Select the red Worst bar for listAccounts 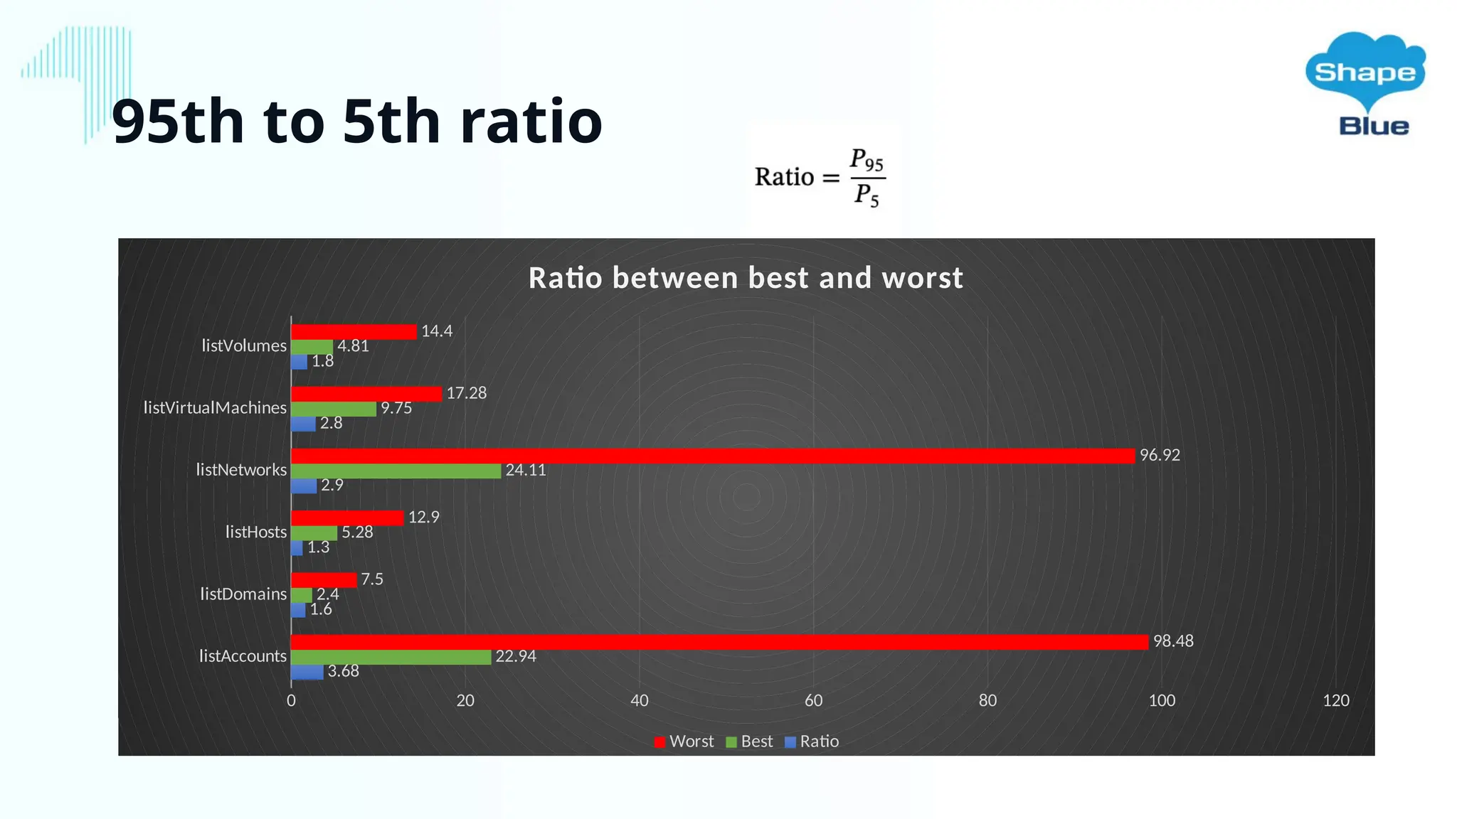coord(719,642)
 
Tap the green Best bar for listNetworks coord(396,471)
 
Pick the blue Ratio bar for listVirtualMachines coord(303,424)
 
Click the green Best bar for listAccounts coord(391,657)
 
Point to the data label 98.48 coord(1173,641)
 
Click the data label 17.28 coord(466,393)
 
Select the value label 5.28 coord(357,532)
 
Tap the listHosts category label coord(255,532)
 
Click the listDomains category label coord(243,594)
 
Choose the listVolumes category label coord(243,346)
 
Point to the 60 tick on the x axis coord(813,701)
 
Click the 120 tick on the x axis coord(1335,701)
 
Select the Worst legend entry coord(684,742)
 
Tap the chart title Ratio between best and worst coord(746,278)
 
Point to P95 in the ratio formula coord(867,160)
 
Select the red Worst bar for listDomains coord(324,580)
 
